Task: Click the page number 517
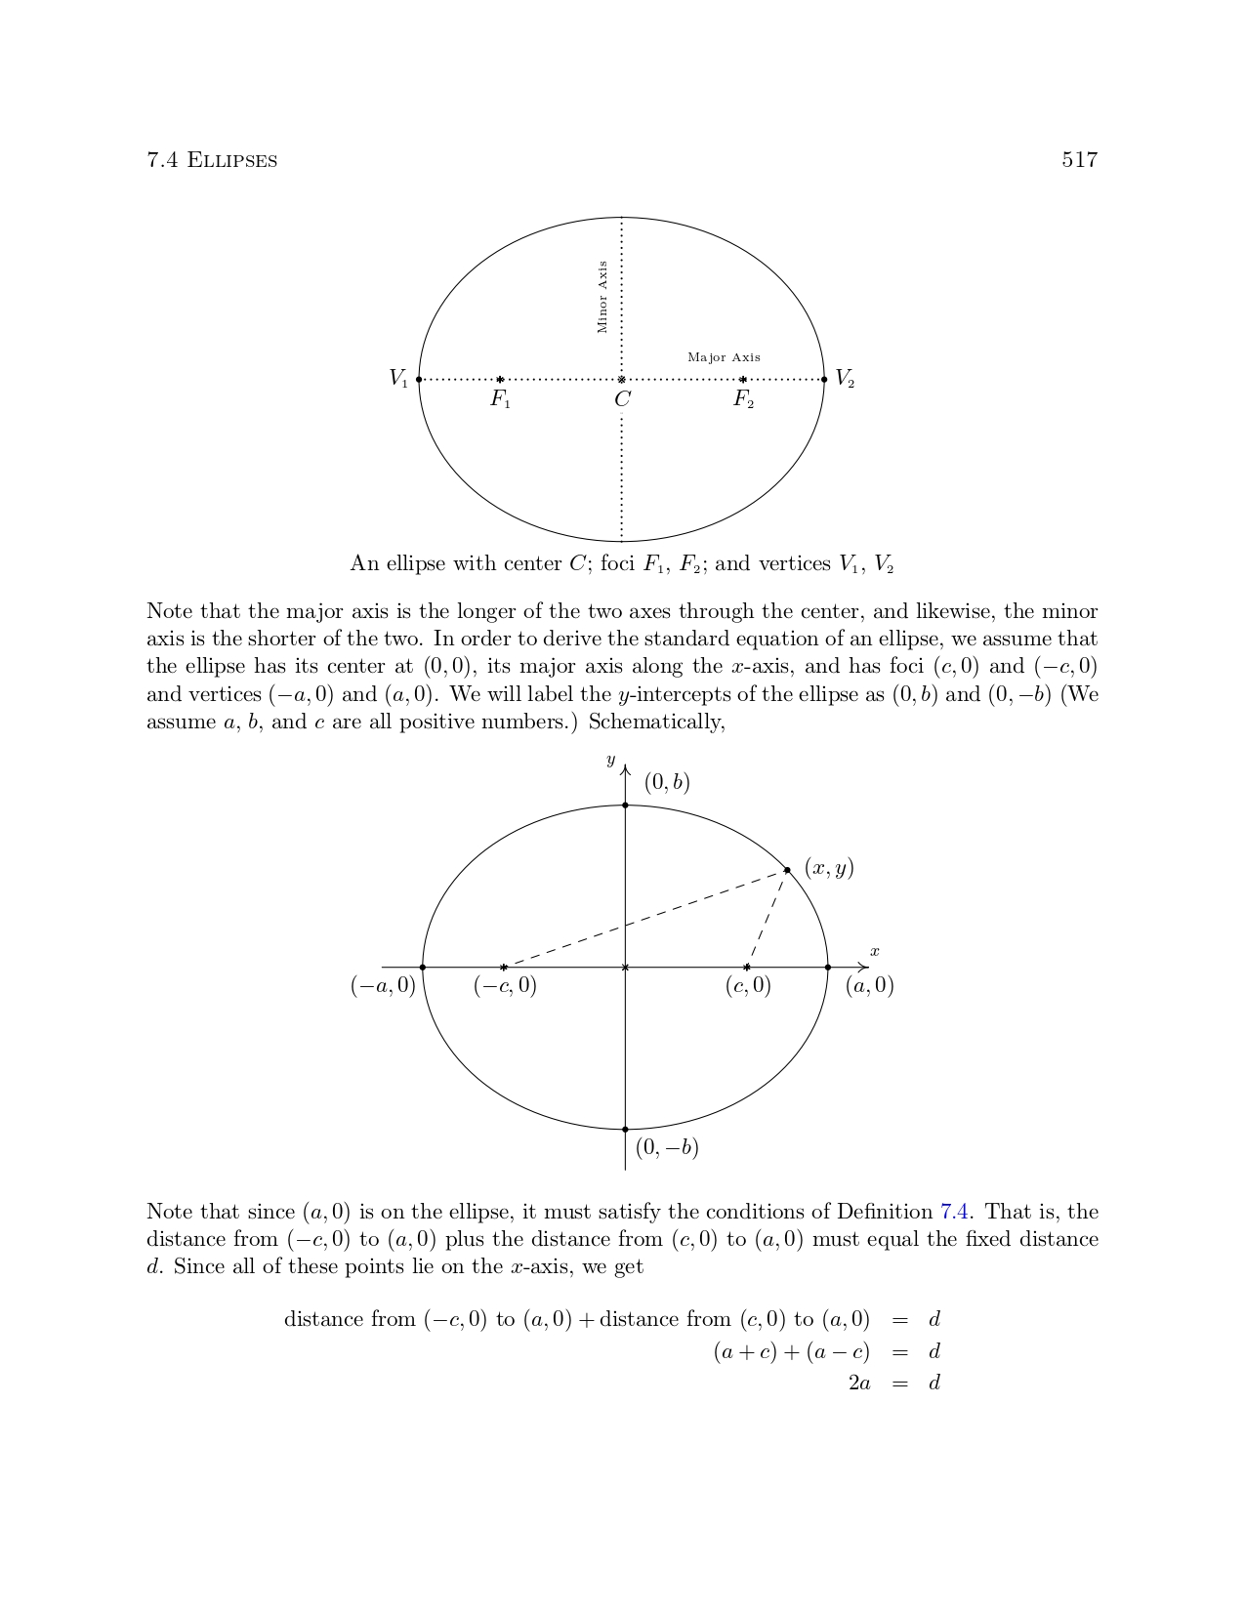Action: click(x=1079, y=160)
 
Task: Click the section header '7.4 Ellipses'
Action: click(x=212, y=160)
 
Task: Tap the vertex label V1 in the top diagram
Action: click(x=398, y=378)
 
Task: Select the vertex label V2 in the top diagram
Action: click(x=845, y=378)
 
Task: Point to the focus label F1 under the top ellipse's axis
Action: click(x=500, y=399)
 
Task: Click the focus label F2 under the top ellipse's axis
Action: click(x=743, y=399)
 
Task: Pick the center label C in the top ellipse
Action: click(x=622, y=399)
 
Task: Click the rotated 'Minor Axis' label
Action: click(x=602, y=297)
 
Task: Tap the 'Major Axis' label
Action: click(x=724, y=357)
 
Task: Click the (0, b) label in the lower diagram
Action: click(x=667, y=782)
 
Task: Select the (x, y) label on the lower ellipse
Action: click(x=829, y=867)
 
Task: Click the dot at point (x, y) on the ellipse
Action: click(x=787, y=869)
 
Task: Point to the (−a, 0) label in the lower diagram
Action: click(x=383, y=986)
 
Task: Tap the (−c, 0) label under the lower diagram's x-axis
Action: click(x=505, y=986)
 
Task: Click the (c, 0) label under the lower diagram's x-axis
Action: click(x=748, y=986)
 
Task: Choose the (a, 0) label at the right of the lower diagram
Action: click(x=869, y=986)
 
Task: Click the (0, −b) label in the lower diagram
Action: click(x=667, y=1147)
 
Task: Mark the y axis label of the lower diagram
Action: click(x=610, y=761)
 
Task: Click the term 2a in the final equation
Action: click(x=859, y=1383)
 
